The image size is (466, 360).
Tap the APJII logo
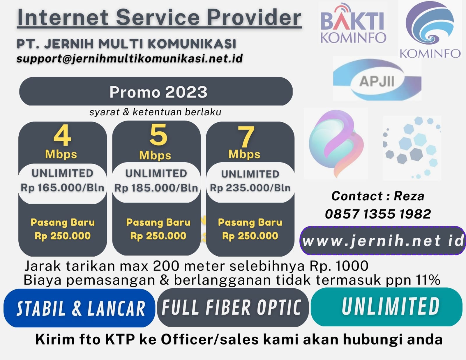click(x=377, y=79)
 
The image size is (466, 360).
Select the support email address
click(x=130, y=59)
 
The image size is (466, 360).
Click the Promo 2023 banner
click(x=156, y=91)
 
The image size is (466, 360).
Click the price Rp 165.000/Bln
click(x=62, y=188)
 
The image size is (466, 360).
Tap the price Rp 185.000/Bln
click(x=156, y=188)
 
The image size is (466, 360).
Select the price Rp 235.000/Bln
click(x=250, y=188)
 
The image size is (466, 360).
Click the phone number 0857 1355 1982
click(x=378, y=214)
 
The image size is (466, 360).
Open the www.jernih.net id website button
click(x=383, y=241)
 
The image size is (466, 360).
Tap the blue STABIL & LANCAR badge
click(x=79, y=308)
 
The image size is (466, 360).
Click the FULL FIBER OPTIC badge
click(x=233, y=308)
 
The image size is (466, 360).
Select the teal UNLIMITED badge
click(x=386, y=307)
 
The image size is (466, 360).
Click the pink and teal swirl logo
click(x=336, y=143)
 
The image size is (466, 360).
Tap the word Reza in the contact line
click(x=409, y=196)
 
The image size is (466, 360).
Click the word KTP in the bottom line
click(x=120, y=339)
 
